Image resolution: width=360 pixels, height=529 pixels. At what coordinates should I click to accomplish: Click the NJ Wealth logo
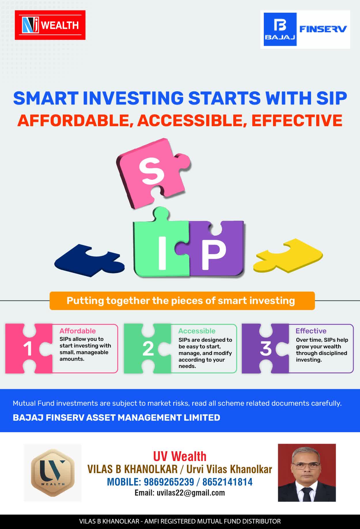click(x=50, y=25)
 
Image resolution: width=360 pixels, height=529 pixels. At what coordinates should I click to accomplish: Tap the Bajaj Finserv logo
click(x=305, y=29)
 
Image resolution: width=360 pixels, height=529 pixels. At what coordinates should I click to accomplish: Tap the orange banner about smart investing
click(x=182, y=301)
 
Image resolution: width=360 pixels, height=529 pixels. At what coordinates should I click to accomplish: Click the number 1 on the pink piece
click(x=28, y=349)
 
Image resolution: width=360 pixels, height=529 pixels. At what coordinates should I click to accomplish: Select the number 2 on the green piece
click(x=148, y=349)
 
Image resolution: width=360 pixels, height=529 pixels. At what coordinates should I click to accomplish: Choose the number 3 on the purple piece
click(x=266, y=348)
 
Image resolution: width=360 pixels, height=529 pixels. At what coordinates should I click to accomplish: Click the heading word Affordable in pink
click(x=77, y=331)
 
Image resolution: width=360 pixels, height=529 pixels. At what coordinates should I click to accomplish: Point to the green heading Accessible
click(x=197, y=331)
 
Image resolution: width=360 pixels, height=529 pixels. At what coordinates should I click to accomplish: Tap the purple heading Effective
click(x=311, y=331)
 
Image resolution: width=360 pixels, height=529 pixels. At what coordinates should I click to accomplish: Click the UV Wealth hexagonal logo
click(x=53, y=473)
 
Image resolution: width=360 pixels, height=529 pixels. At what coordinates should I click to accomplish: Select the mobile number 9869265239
click(x=169, y=482)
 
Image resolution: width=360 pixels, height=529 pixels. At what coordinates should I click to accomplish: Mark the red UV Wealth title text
click(x=180, y=456)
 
